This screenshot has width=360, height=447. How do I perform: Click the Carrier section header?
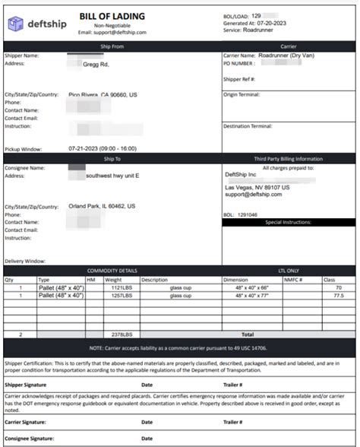(288, 46)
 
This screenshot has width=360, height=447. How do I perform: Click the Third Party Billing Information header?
(288, 159)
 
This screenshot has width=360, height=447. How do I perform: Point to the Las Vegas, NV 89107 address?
(257, 187)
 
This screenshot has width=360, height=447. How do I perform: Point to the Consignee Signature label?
(29, 439)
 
